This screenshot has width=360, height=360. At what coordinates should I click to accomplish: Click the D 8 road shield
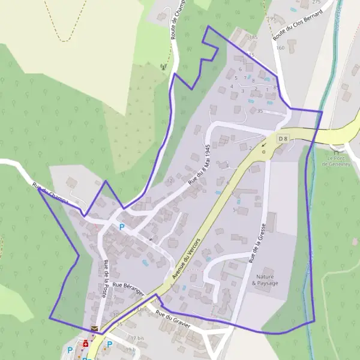[x=283, y=139]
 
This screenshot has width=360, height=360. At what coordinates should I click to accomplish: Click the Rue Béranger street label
[x=128, y=287]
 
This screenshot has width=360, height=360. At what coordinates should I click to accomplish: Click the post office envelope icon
[x=94, y=329]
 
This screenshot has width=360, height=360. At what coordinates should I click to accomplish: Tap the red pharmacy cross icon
[x=86, y=344]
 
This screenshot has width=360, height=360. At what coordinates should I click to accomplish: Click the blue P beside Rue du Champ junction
[x=122, y=227]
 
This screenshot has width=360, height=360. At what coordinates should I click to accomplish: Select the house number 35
[x=260, y=111]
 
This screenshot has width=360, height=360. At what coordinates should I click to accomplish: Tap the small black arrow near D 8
[x=263, y=145]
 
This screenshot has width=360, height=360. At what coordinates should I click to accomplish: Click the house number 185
[x=253, y=37]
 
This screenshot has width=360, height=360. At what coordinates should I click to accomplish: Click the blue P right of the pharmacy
[x=109, y=344]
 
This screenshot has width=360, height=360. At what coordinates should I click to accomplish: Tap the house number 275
[x=316, y=2]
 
